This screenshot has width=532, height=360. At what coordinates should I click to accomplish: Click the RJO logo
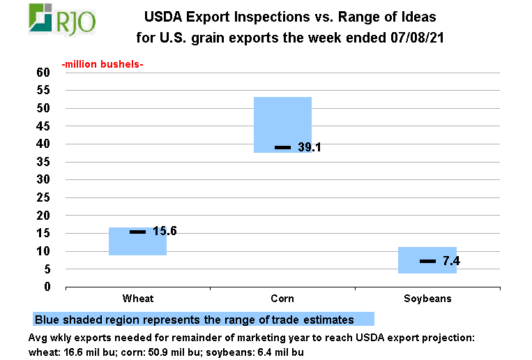tap(63, 19)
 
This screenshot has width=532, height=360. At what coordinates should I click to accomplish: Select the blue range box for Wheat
tap(137, 241)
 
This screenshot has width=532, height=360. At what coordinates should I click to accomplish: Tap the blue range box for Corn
tap(282, 124)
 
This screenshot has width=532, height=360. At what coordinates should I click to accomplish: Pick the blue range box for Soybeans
tap(427, 260)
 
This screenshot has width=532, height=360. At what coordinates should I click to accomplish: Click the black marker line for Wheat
tap(138, 231)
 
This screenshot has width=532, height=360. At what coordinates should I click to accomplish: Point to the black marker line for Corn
tap(282, 147)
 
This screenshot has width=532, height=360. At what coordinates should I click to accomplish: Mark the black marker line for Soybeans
tap(427, 261)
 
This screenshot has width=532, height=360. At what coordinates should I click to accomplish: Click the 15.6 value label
tap(165, 231)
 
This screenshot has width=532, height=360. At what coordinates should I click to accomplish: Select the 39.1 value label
tap(309, 147)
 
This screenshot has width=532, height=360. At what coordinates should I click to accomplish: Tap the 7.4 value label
tap(451, 262)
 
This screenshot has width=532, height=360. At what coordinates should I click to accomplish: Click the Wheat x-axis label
tap(138, 299)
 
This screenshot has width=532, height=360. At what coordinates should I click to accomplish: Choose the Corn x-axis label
tap(282, 299)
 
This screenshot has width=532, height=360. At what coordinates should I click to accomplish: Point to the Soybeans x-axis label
tap(427, 299)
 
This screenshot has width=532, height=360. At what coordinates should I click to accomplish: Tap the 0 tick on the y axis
tap(47, 287)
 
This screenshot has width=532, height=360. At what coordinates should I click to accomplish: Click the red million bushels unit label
tap(102, 65)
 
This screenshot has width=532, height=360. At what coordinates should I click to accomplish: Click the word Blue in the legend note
tap(47, 320)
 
